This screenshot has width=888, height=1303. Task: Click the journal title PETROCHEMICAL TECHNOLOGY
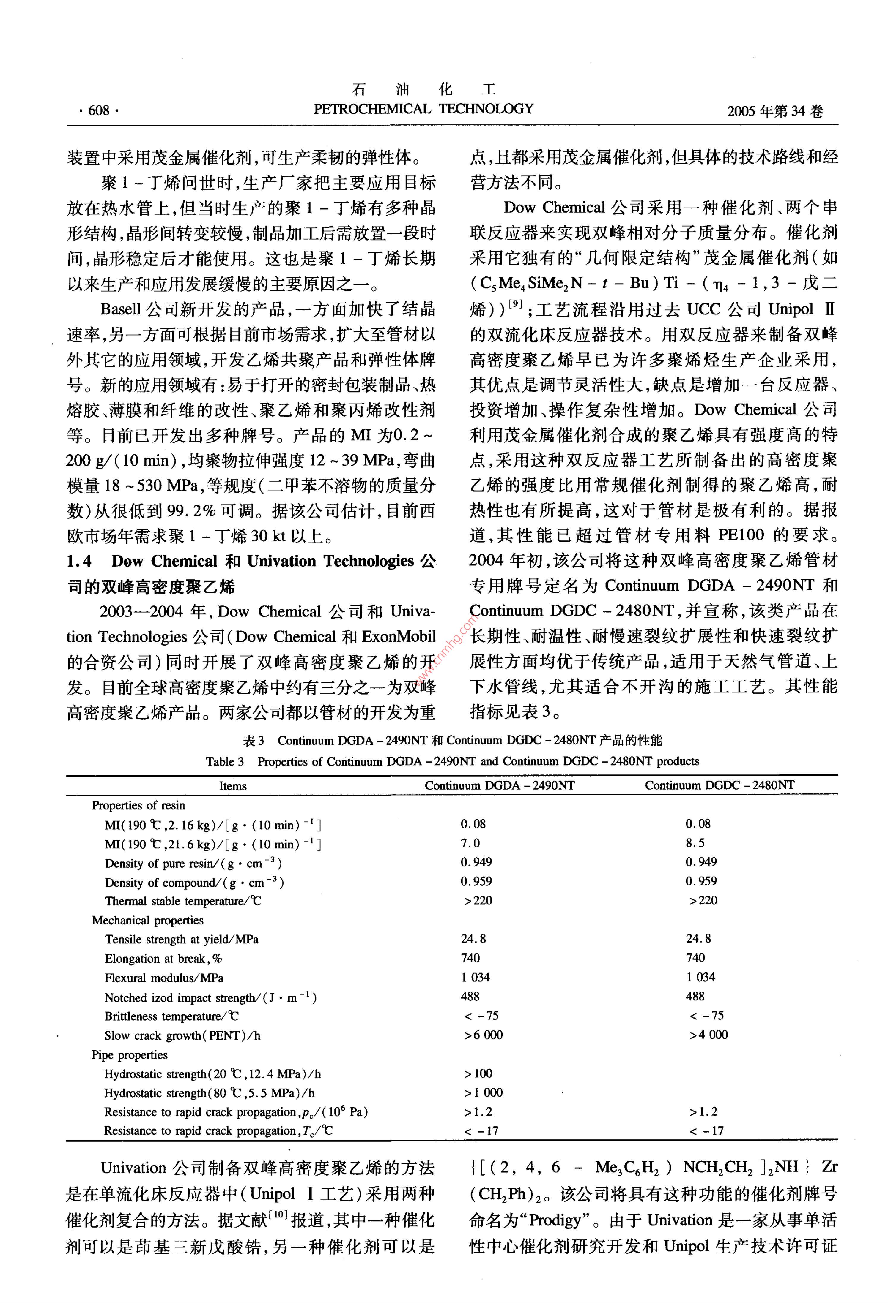423,109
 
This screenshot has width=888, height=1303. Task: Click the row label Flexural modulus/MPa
164,978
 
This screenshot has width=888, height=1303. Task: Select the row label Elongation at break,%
163,959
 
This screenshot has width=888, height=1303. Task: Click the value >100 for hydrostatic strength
478,1074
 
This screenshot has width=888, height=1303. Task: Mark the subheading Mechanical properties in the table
147,920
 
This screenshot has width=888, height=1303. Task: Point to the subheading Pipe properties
130,1055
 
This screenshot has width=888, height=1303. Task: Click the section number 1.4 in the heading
79,561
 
